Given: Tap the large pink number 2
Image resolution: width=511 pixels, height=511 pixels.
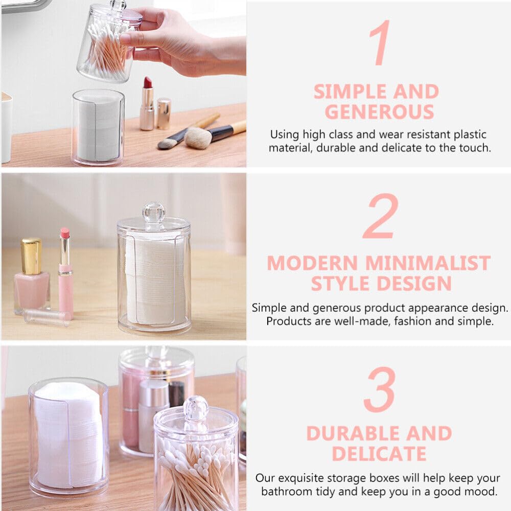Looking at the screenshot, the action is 381,217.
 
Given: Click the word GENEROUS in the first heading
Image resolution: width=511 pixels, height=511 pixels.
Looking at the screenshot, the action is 379,112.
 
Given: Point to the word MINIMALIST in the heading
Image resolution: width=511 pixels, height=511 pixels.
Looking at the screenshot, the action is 428,263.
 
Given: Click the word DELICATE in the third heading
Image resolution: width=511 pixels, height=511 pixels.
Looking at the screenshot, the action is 379,454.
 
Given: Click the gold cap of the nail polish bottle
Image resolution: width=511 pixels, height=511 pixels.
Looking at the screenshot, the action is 32,257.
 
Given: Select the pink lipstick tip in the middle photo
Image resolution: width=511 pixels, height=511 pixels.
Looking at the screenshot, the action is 65,233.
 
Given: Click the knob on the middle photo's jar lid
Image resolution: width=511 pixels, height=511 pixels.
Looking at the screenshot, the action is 154,213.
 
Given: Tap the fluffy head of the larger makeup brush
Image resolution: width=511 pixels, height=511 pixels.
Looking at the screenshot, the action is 198,138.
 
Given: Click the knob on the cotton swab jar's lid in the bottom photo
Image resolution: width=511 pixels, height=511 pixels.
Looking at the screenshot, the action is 196,408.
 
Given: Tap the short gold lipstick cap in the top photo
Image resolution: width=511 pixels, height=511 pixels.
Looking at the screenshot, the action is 164,113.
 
